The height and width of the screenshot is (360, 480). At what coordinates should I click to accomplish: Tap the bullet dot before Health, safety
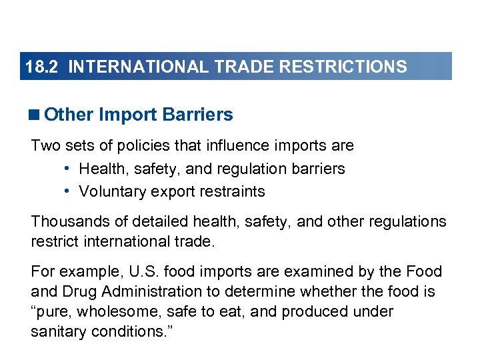69,169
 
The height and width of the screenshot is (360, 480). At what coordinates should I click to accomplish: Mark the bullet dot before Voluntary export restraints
69,191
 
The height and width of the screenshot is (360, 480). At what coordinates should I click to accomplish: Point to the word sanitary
58,332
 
